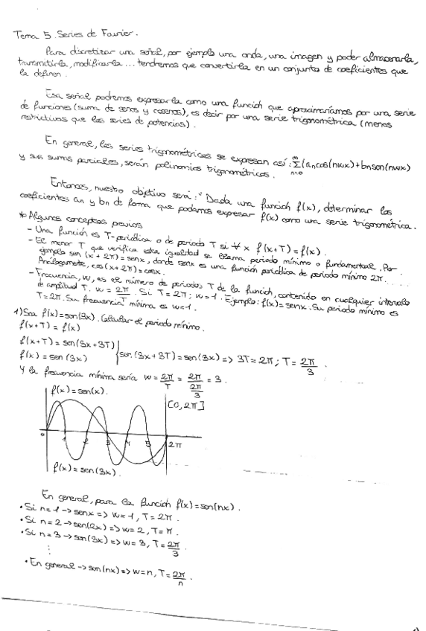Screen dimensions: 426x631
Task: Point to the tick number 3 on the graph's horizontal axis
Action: click(109, 441)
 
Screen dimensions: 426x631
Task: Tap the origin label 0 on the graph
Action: click(43, 434)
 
